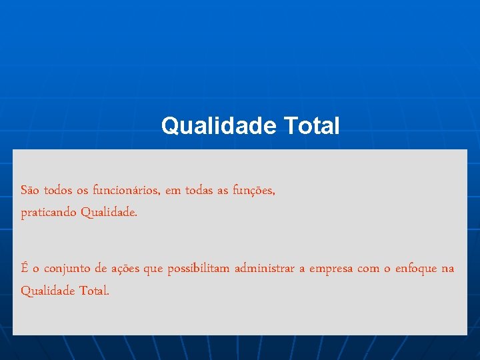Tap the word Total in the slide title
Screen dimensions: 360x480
point(311,125)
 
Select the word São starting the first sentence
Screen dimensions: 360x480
point(30,191)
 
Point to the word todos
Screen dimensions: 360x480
point(59,191)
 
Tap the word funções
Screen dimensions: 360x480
point(254,191)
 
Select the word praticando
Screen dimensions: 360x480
point(49,213)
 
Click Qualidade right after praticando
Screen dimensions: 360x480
point(109,213)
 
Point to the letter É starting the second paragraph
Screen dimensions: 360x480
point(25,268)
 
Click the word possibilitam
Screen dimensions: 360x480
point(198,269)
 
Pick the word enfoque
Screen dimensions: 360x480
point(417,269)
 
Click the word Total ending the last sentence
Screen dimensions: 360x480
point(93,291)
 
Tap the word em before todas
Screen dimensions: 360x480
point(173,191)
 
